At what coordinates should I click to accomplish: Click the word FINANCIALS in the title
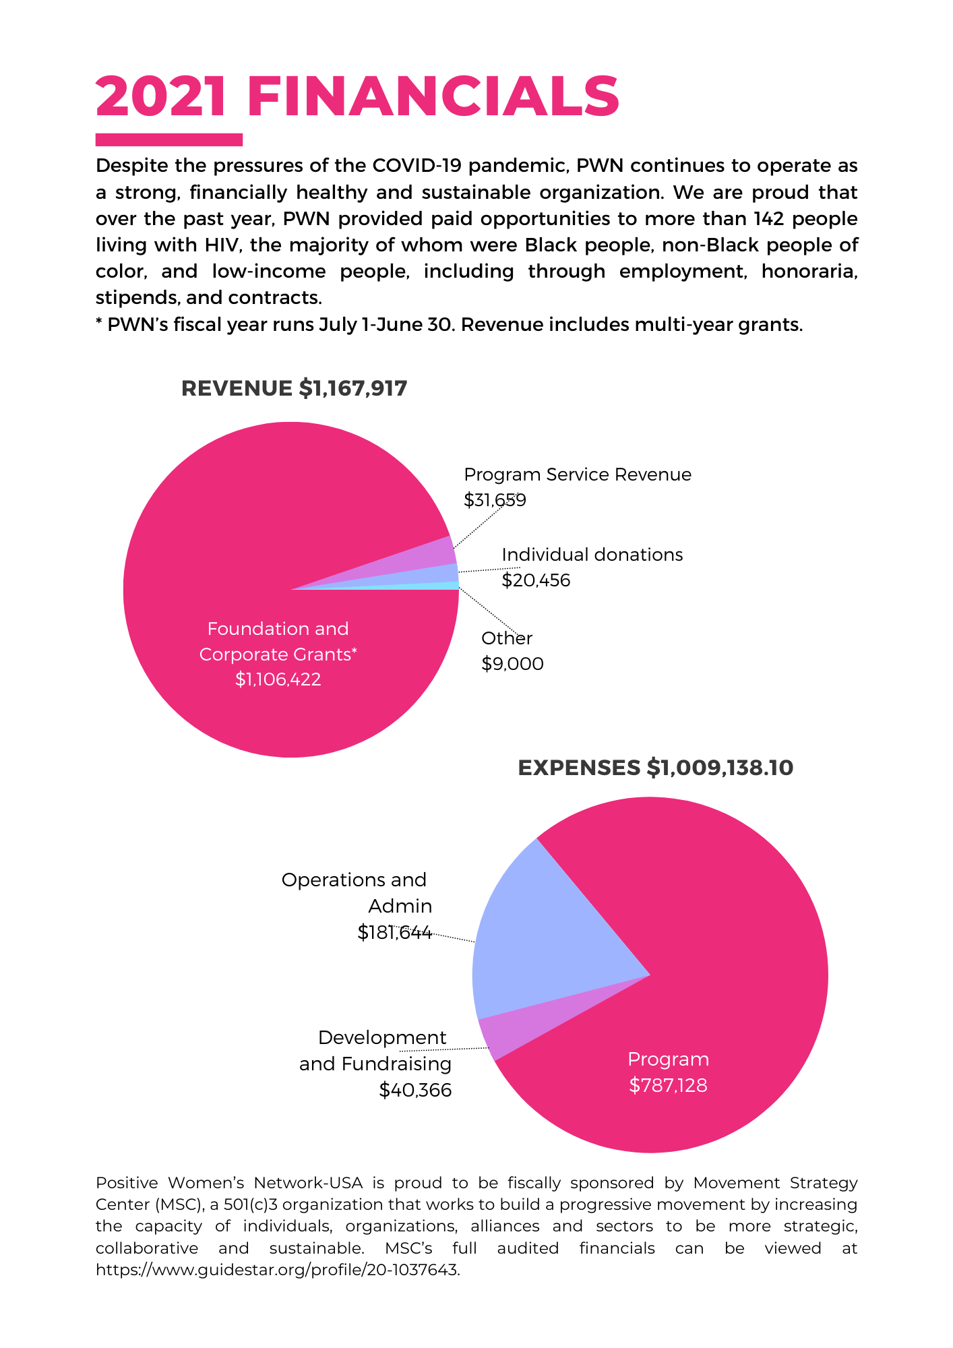tap(433, 96)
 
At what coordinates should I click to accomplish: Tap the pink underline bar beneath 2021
tap(169, 140)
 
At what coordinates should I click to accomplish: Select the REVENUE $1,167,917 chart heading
tap(295, 389)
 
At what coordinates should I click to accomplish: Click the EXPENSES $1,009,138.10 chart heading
tap(656, 768)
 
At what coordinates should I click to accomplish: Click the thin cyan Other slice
tap(445, 586)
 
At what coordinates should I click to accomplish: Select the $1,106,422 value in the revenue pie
tap(278, 679)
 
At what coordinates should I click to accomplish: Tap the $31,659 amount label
tap(495, 500)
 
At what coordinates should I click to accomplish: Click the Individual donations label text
tap(592, 555)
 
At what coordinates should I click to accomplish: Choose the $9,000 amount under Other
tap(512, 664)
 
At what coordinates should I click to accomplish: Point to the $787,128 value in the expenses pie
tap(668, 1085)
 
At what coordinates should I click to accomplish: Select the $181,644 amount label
tap(394, 933)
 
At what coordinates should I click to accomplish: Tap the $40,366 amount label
tap(415, 1090)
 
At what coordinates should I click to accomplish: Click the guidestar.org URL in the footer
tap(278, 1270)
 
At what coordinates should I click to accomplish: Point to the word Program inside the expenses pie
tap(668, 1060)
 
